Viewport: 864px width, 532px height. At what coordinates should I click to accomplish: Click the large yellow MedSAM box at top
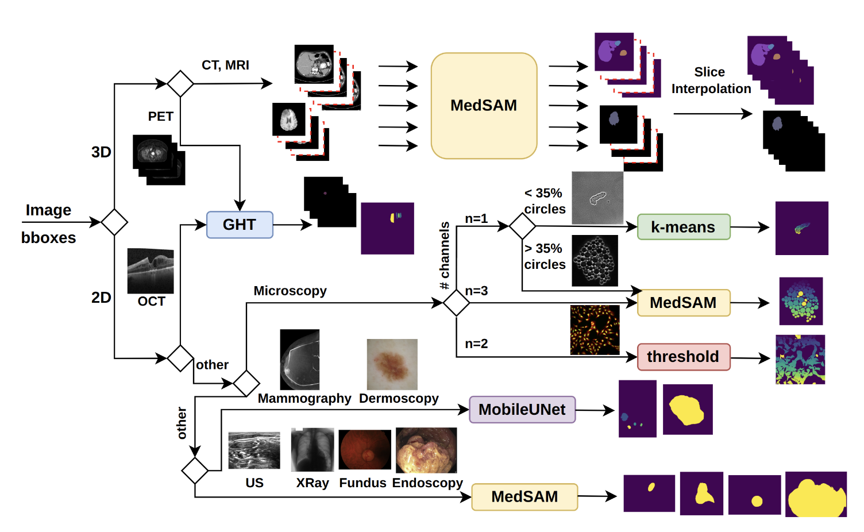pos(484,106)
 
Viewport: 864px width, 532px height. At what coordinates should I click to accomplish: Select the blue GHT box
pos(240,225)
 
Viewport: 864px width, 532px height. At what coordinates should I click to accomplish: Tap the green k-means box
pos(683,227)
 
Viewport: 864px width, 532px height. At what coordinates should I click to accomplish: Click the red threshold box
pos(683,357)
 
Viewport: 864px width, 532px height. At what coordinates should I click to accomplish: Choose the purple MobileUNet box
pos(522,410)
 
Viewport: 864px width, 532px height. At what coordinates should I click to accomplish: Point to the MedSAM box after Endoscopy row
pos(524,497)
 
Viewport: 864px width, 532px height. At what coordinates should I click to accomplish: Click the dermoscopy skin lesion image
pos(392,364)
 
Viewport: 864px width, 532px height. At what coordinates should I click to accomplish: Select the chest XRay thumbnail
pos(312,450)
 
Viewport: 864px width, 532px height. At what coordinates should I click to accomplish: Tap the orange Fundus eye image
pos(365,450)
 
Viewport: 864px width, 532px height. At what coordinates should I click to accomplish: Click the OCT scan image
pos(151,271)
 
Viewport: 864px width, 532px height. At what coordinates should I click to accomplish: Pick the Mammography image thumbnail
pos(299,360)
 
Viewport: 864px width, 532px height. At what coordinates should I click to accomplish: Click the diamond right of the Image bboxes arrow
pos(114,222)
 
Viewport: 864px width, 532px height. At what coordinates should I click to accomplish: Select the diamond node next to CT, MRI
pos(180,84)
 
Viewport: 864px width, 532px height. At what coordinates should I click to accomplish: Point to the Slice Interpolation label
pos(711,80)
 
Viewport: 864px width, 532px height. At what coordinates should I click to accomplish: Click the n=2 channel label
pos(476,344)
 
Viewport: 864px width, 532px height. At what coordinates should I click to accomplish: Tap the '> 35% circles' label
pos(545,256)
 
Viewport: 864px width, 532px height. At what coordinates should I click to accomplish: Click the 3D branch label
pos(101,152)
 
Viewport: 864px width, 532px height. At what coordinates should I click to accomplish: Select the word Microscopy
pos(290,291)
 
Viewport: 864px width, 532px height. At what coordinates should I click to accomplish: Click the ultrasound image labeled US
pos(254,450)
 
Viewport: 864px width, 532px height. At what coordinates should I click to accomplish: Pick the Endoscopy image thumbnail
pos(426,450)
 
